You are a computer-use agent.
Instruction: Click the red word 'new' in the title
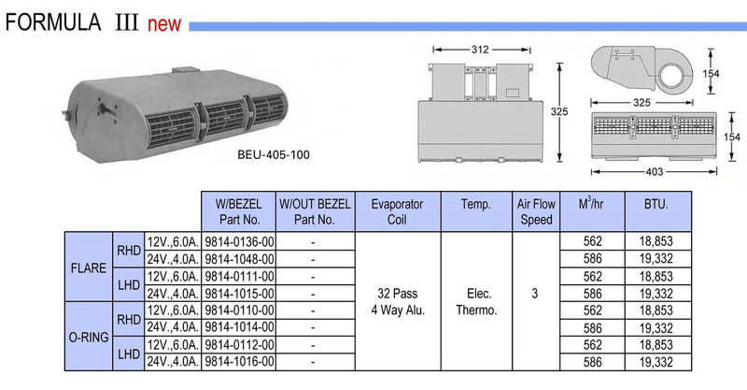click(164, 24)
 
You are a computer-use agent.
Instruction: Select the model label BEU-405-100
click(274, 154)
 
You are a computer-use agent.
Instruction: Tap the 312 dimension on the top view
click(480, 50)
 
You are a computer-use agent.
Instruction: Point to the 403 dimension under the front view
click(655, 172)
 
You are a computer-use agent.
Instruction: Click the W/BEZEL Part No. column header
click(239, 211)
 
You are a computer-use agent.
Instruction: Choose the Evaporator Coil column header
click(398, 211)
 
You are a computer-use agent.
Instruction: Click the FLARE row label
click(89, 268)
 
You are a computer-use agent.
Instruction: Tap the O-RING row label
click(89, 338)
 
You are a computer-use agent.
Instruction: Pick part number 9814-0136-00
click(240, 241)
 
